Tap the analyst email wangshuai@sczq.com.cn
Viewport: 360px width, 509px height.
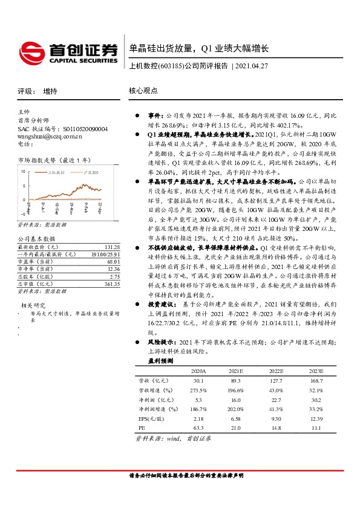tap(50, 137)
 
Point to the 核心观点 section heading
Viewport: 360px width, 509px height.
tap(143, 90)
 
